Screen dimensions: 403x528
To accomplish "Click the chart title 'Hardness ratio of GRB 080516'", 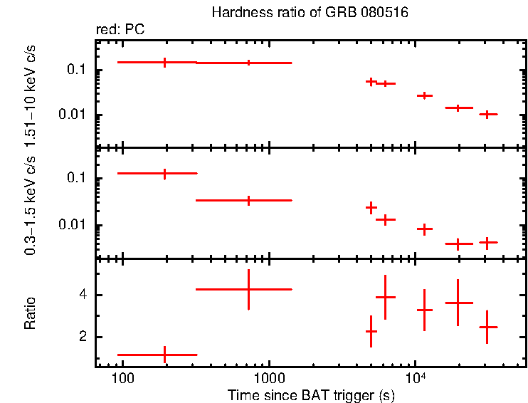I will pos(310,13).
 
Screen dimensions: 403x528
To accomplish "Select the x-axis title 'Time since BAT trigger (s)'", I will pos(311,394).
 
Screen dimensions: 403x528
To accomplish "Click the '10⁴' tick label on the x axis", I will pos(415,375).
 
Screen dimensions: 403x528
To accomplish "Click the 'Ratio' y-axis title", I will pos(31,313).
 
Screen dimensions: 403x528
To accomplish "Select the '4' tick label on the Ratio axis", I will pos(83,295).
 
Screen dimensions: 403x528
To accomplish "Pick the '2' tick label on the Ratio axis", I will pos(83,337).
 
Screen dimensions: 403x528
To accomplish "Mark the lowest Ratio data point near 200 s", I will pos(165,354).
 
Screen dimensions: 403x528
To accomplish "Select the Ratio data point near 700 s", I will pos(248,289).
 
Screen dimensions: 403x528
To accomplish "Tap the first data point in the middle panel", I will pos(165,173).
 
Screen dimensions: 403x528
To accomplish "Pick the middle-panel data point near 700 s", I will pos(248,200).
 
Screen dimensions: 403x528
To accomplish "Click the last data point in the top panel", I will pos(487,114).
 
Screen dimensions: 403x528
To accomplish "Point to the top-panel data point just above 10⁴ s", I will pos(424,95).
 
